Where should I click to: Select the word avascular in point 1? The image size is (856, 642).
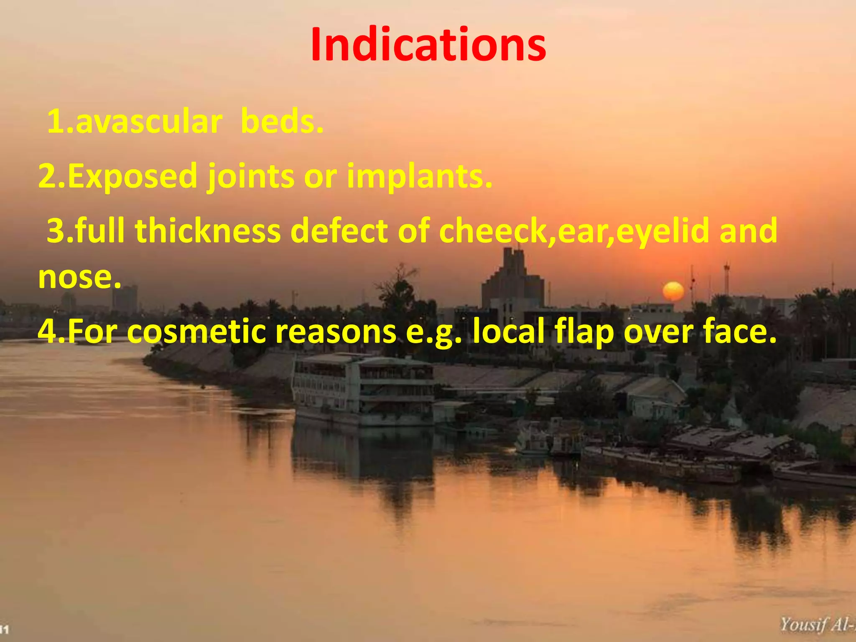pyautogui.click(x=149, y=122)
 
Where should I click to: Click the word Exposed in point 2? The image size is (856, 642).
pyautogui.click(x=132, y=176)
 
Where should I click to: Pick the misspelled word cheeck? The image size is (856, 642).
pyautogui.click(x=493, y=230)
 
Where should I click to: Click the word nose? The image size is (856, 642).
pyautogui.click(x=75, y=278)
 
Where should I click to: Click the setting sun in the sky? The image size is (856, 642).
pyautogui.click(x=673, y=291)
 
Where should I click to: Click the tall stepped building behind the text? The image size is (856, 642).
pyautogui.click(x=512, y=280)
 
